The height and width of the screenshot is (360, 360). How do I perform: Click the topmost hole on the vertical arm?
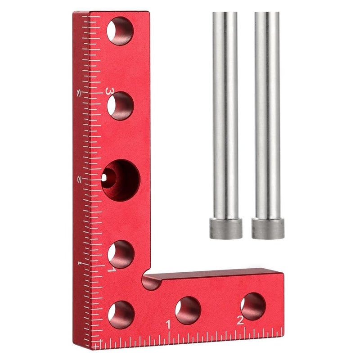(121, 31)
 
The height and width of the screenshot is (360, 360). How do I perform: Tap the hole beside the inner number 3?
(121, 106)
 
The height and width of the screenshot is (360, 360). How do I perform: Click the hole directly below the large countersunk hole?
(121, 254)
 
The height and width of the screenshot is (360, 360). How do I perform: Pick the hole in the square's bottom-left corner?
(121, 314)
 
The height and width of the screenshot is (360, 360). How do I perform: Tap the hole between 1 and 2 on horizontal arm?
(188, 310)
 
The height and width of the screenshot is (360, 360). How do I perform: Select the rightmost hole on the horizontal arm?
(253, 306)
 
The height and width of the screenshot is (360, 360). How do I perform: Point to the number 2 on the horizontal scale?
(240, 320)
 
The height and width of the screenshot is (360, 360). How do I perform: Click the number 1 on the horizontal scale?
(168, 324)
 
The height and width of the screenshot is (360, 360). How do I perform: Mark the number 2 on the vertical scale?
(80, 179)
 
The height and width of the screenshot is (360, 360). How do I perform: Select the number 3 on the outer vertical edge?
(79, 93)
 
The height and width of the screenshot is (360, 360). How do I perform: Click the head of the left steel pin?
(225, 228)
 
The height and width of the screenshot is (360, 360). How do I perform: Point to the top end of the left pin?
(225, 13)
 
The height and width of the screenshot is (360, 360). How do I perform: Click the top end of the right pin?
(266, 13)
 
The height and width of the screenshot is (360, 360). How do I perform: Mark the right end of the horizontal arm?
(283, 304)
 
